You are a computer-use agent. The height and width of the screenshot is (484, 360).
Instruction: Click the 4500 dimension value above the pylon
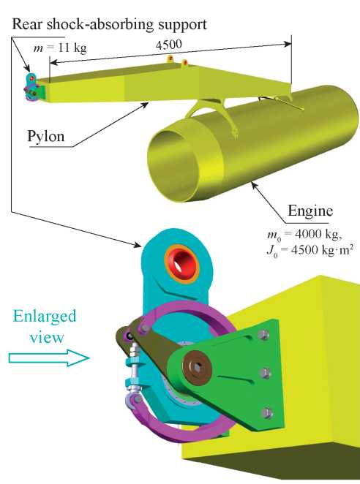pos(168,45)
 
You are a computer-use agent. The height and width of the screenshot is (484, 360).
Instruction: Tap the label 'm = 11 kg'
pos(60,48)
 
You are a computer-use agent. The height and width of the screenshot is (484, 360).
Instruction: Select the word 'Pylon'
pos(46,136)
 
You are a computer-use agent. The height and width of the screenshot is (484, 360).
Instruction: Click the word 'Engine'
pos(310,211)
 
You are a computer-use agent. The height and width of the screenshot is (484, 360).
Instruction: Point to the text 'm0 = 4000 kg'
pos(304,235)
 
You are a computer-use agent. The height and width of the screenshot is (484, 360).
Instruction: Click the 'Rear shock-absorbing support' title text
pos(109,24)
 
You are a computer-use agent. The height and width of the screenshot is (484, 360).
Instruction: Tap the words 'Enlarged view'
pos(45,326)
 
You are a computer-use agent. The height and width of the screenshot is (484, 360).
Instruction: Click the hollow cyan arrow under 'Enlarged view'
pos(49,358)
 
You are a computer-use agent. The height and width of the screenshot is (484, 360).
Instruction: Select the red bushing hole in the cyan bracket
pos(182,263)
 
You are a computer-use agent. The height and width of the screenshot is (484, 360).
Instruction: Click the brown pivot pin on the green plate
pos(197,366)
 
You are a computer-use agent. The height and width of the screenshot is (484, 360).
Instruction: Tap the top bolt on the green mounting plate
pos(263,335)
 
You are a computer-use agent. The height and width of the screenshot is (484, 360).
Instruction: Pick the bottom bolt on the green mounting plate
pos(266,412)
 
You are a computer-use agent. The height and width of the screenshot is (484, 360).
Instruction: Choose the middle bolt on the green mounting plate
pos(265,374)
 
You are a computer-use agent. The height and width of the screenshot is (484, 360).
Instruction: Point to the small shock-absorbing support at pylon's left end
pos(32,87)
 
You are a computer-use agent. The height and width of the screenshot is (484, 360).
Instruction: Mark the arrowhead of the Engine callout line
pos(254,184)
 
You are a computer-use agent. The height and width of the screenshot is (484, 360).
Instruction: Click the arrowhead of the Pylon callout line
pos(145,105)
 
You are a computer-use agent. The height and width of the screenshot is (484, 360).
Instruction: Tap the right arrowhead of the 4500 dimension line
pos(288,44)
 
